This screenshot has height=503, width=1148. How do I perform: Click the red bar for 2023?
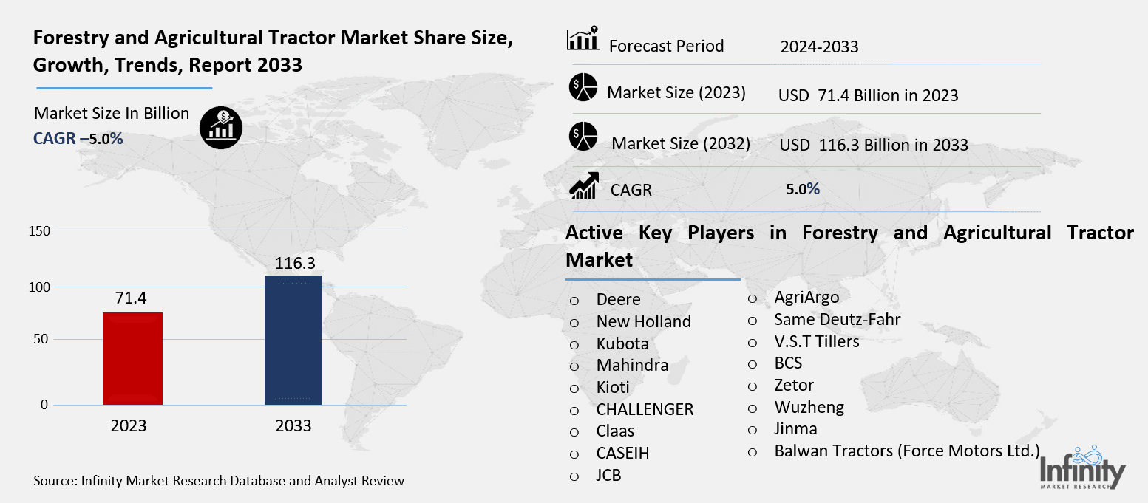pyautogui.click(x=132, y=358)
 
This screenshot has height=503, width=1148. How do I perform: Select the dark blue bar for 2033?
pyautogui.click(x=293, y=340)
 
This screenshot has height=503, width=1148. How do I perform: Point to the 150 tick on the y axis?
pyautogui.click(x=41, y=231)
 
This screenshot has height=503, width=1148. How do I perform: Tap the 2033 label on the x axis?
pyautogui.click(x=293, y=426)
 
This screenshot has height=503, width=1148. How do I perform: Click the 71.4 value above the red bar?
pyautogui.click(x=132, y=298)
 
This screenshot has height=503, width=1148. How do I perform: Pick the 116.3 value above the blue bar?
pyautogui.click(x=293, y=262)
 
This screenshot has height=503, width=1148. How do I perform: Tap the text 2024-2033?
pyautogui.click(x=819, y=47)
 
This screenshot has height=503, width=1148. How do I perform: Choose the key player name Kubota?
pyautogui.click(x=622, y=343)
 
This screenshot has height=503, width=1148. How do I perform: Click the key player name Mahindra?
pyautogui.click(x=632, y=365)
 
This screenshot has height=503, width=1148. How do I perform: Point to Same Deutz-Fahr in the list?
pyautogui.click(x=837, y=319)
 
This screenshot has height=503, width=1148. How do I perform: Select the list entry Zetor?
pyautogui.click(x=794, y=385)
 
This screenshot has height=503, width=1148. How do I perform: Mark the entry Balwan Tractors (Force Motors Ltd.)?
pyautogui.click(x=907, y=451)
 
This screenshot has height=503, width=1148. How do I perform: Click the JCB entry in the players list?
pyautogui.click(x=608, y=475)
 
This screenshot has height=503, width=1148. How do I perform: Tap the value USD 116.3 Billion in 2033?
pyautogui.click(x=873, y=145)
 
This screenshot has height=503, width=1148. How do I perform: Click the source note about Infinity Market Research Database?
pyautogui.click(x=219, y=481)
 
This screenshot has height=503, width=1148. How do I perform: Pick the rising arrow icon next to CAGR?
pyautogui.click(x=583, y=185)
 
